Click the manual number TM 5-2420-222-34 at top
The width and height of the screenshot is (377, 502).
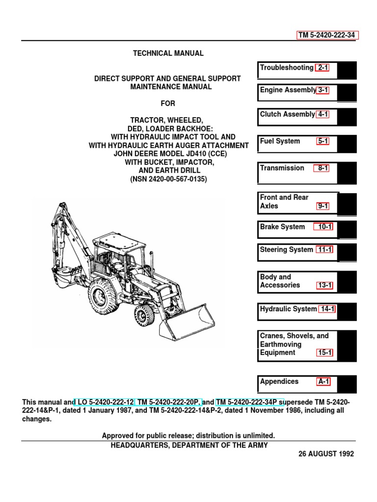coord(327,35)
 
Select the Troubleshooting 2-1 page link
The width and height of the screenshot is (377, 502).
coord(323,68)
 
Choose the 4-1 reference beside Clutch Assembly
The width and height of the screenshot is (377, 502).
coord(323,114)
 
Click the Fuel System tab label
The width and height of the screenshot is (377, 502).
coord(280,141)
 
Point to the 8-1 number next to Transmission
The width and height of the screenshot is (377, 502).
coord(323,168)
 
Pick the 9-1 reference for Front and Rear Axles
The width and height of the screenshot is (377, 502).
coord(323,206)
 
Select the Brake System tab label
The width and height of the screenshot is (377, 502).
coord(282,227)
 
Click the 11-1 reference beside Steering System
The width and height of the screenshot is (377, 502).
coord(324,250)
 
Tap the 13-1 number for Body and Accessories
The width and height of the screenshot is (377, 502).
coord(324,285)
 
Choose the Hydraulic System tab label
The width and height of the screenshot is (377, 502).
coord(288,309)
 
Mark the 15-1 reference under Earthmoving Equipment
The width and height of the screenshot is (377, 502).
coord(324,353)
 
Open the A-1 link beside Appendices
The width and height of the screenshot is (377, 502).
coord(323,381)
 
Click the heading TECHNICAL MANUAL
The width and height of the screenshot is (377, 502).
coord(168,53)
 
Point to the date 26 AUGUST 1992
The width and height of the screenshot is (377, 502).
coord(326,454)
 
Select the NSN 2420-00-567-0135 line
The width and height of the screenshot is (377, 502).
coord(168,179)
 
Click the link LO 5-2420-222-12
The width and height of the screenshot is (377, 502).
coord(103,402)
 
